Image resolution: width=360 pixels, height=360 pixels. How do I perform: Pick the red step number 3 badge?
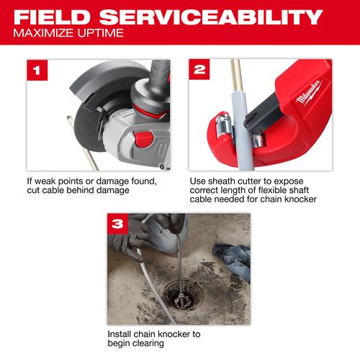click(x=119, y=225)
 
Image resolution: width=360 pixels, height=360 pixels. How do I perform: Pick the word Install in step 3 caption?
click(x=120, y=334)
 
